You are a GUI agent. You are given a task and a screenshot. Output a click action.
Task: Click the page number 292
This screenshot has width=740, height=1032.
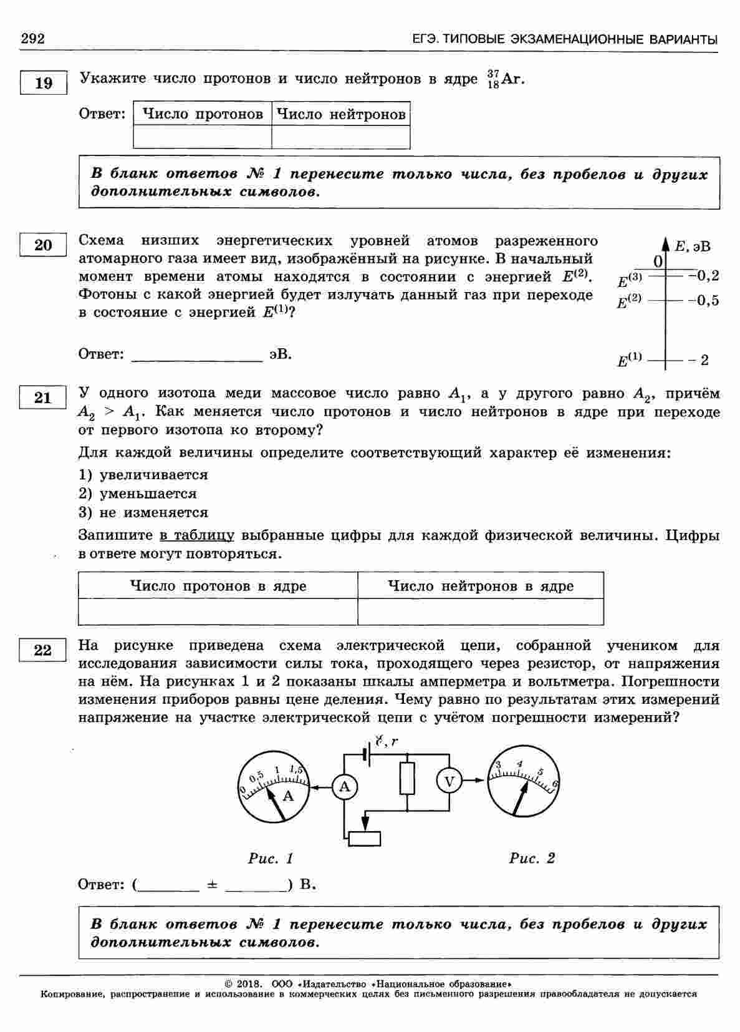(33, 39)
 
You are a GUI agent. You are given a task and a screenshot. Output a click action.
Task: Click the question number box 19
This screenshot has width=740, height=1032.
(43, 83)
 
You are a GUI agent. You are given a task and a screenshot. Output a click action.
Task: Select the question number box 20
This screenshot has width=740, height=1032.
(43, 245)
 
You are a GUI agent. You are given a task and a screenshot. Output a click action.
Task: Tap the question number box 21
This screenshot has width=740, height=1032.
(43, 397)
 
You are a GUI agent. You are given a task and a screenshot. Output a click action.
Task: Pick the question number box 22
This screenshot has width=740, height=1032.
(43, 650)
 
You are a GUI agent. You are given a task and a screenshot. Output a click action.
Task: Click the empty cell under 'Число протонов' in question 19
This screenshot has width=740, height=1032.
(202, 137)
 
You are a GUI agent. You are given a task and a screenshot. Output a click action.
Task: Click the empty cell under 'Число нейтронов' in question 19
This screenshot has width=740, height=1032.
(340, 137)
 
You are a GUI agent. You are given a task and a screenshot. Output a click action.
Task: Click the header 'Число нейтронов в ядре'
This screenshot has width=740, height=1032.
(480, 586)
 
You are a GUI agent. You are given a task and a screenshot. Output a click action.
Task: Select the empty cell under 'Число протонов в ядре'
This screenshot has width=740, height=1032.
(218, 611)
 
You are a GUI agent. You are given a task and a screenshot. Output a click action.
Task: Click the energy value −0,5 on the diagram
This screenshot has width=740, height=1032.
(703, 301)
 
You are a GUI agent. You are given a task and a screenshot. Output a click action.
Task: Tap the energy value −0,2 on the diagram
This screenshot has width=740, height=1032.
(703, 275)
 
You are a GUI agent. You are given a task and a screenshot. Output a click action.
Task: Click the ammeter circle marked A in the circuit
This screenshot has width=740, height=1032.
(344, 787)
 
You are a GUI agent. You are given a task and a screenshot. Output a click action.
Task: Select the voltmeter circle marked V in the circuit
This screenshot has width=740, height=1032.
(448, 781)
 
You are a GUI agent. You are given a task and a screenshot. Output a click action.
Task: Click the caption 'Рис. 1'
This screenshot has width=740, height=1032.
(271, 859)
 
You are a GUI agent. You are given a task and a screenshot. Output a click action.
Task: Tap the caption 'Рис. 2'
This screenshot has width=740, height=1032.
(532, 859)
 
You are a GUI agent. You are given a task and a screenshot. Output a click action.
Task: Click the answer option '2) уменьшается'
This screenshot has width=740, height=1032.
(138, 494)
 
